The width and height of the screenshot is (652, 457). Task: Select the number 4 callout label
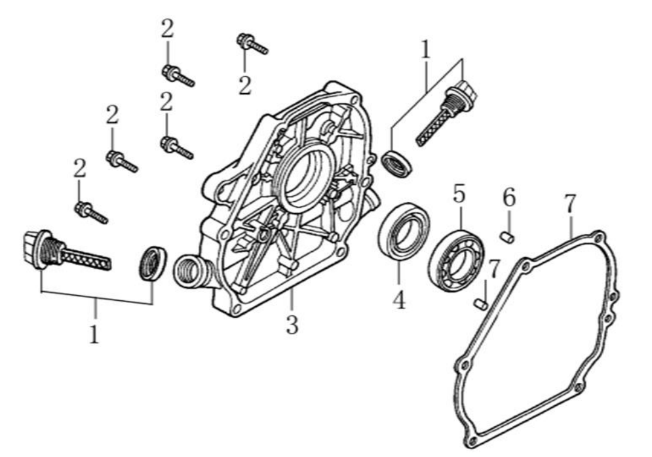click(x=398, y=300)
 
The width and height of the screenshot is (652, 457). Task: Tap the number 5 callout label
click(x=459, y=193)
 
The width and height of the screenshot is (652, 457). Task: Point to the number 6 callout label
click(x=509, y=197)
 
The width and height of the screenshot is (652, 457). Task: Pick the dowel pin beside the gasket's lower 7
click(x=480, y=303)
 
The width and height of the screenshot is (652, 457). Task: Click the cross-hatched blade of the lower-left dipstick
click(x=85, y=258)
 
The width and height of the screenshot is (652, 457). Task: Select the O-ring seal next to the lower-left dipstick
click(x=153, y=263)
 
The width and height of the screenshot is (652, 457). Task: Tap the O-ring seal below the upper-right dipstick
click(x=398, y=163)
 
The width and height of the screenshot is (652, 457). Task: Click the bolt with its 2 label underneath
click(x=252, y=44)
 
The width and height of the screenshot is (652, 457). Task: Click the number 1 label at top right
click(x=426, y=49)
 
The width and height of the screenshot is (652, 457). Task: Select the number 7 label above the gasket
click(x=569, y=205)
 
